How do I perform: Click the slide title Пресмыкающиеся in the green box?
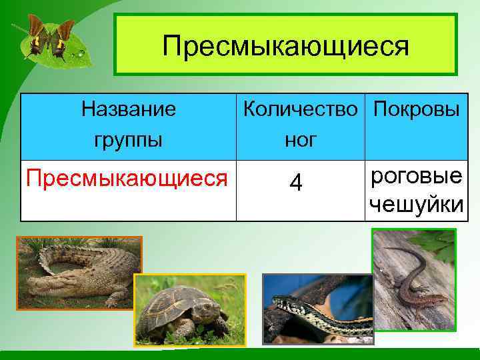[285, 46]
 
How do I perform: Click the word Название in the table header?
[128, 108]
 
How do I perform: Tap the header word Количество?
[303, 108]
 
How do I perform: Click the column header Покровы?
[416, 108]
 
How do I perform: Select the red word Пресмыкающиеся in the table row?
[126, 178]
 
